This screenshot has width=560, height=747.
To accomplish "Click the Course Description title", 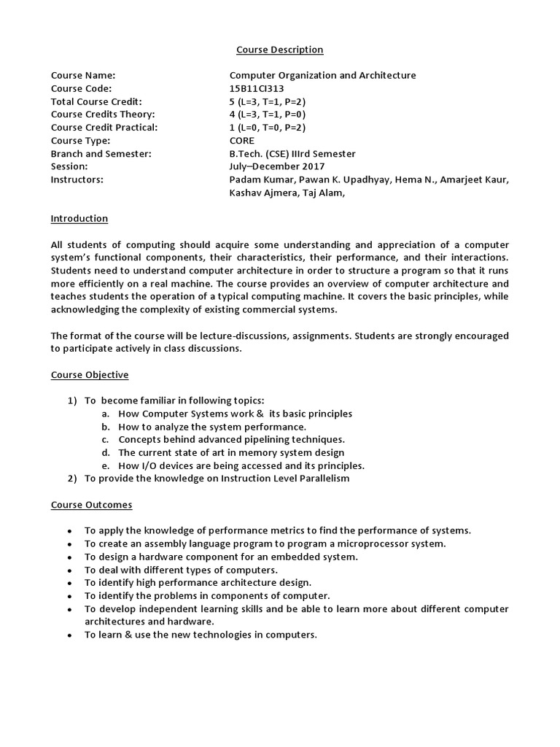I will pos(280,50).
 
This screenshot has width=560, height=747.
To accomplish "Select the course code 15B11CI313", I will pos(257,88).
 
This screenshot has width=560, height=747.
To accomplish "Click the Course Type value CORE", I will pos(242,141).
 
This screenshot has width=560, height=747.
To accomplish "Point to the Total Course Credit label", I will pos(96,101).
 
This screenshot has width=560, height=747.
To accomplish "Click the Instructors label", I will pos(77,180).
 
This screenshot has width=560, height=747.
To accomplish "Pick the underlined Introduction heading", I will pos(79,219).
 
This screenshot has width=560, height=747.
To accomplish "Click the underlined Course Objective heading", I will pos(90,375).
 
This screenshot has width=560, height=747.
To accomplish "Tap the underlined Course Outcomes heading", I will pos(91,505).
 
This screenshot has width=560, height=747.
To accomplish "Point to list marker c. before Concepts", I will pos(105,440).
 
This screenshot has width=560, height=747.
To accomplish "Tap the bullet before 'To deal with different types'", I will pos(69,570).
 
